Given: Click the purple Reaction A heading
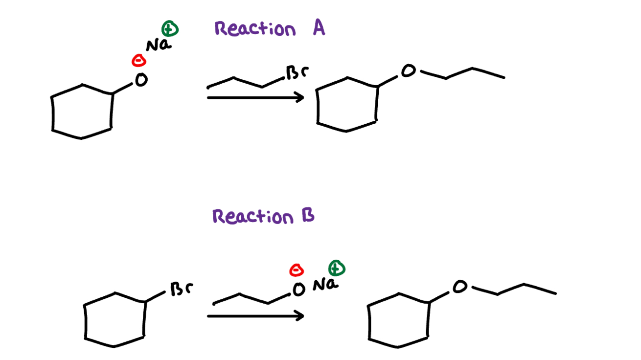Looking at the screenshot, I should [270, 29].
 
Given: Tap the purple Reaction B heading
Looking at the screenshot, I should [263, 216].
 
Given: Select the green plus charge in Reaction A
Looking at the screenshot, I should [170, 29].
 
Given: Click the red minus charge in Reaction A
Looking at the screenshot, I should [139, 61].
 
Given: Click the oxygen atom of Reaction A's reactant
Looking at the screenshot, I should [141, 80].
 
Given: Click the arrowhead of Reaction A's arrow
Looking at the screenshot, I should [299, 97].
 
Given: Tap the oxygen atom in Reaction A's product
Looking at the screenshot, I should [408, 72].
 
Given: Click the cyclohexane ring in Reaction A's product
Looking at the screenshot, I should [347, 104].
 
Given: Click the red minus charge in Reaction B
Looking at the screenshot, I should [297, 270].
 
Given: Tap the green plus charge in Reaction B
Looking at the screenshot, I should [337, 268].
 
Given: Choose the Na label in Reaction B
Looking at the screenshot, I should [325, 284].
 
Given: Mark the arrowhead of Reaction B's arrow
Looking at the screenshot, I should [299, 315].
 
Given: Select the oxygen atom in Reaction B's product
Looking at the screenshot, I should [459, 287].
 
